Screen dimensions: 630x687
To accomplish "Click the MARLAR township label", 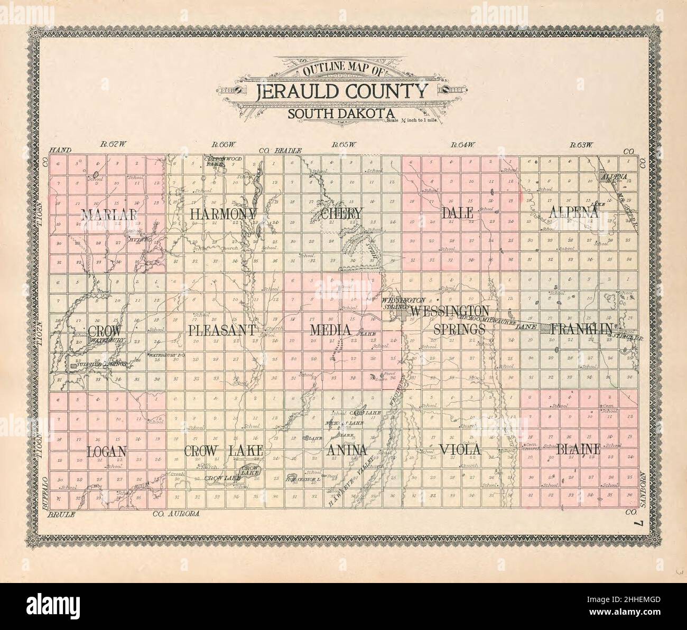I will (109, 214).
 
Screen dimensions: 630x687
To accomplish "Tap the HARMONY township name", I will (223, 214).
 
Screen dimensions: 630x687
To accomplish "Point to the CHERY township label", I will (341, 214).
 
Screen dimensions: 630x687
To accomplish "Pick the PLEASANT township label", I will (222, 331).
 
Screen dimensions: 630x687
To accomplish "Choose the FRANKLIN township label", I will (581, 330).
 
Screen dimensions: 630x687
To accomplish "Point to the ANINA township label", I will (347, 450).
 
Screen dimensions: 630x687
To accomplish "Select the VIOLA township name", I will (459, 450).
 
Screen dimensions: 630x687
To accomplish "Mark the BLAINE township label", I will (578, 449).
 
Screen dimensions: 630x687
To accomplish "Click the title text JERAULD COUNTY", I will (341, 92).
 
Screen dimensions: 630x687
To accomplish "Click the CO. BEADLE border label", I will (280, 151).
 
